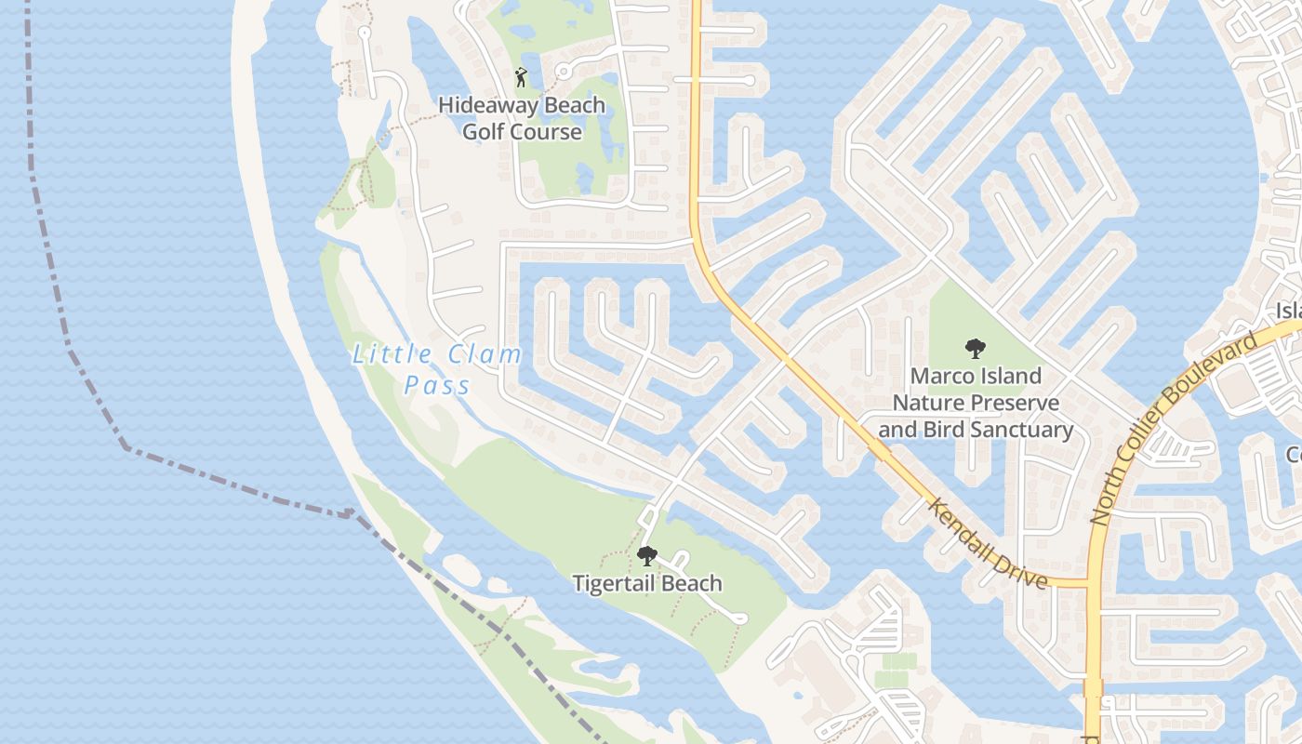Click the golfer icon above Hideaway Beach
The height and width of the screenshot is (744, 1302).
pyautogui.click(x=521, y=77)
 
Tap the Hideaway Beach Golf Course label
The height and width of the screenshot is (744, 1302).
pyautogui.click(x=522, y=119)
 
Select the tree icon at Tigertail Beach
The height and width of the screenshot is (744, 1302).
pyautogui.click(x=646, y=556)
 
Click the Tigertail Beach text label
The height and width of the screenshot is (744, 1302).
pyautogui.click(x=647, y=584)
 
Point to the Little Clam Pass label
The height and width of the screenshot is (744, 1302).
pyautogui.click(x=437, y=369)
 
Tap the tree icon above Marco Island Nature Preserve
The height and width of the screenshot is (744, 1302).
pyautogui.click(x=976, y=350)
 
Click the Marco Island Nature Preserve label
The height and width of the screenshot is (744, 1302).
pyautogui.click(x=976, y=403)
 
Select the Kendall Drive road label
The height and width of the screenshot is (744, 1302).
pyautogui.click(x=988, y=543)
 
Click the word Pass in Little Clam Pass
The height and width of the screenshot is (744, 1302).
pyautogui.click(x=437, y=385)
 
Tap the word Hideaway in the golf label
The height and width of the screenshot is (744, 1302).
pyautogui.click(x=485, y=106)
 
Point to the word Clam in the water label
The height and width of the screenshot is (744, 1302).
pyautogui.click(x=485, y=355)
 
